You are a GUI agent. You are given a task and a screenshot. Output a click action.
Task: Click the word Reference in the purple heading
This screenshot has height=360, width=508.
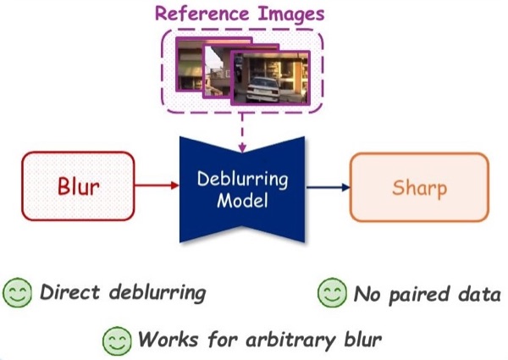click(x=202, y=14)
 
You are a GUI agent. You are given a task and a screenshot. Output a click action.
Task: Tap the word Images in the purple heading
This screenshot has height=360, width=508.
click(x=291, y=15)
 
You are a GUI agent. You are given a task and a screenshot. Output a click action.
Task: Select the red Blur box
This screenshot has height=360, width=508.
click(x=78, y=186)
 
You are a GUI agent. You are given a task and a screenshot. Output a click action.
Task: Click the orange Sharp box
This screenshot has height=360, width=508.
click(x=419, y=187)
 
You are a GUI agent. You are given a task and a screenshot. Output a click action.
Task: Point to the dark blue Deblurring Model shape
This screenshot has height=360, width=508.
click(x=242, y=189)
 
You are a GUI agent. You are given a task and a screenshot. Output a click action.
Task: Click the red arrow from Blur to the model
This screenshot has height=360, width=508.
click(x=157, y=186)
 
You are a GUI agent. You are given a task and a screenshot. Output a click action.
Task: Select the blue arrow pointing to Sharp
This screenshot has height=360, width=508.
click(x=328, y=187)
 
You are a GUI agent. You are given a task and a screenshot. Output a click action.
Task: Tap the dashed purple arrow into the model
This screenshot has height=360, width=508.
click(x=242, y=133)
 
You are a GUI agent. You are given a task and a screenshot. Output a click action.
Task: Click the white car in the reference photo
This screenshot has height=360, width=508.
click(x=262, y=90)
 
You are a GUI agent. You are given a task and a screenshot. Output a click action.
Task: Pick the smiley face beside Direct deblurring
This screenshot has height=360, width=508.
click(x=18, y=292)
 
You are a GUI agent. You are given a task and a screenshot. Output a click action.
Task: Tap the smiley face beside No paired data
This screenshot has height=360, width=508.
click(x=332, y=292)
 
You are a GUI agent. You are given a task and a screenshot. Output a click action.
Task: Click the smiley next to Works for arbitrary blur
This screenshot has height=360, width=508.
click(x=117, y=341)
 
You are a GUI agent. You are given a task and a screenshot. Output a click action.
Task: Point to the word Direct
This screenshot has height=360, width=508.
click(x=69, y=291)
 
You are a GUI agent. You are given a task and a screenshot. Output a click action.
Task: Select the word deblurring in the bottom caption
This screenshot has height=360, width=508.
click(x=157, y=293)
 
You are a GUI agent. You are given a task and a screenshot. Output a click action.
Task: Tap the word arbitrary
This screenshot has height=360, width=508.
click(x=290, y=341)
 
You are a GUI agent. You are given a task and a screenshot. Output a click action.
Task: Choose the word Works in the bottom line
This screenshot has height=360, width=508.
click(x=168, y=340)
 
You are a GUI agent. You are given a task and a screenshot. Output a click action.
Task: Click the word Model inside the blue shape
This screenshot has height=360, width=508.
click(x=242, y=200)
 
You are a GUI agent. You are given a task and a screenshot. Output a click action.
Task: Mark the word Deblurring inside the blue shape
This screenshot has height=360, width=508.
click(x=242, y=180)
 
